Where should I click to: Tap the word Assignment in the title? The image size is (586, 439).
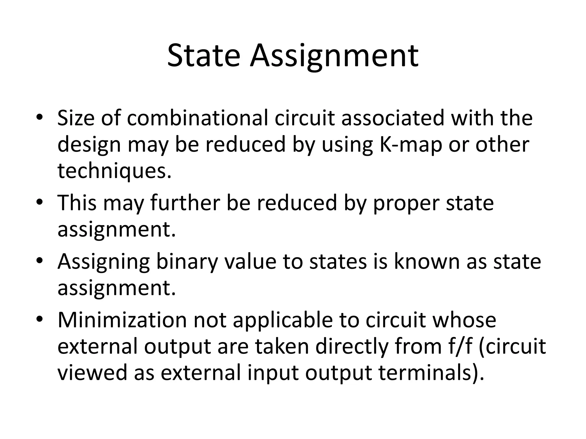[334, 57]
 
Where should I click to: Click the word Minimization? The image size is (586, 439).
[122, 320]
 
